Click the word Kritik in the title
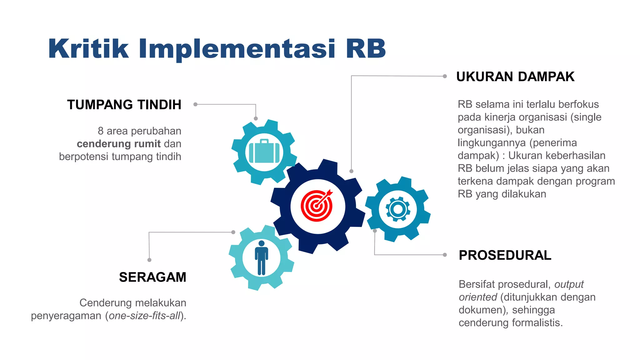88,49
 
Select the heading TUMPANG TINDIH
124,105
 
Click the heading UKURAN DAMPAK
515,77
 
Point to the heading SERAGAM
152,277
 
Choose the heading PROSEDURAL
505,255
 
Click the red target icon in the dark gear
317,205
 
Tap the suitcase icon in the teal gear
264,152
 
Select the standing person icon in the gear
262,257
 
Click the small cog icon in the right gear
398,209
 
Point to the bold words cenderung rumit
119,144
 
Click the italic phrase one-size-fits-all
145,316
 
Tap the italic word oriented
477,297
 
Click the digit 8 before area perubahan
101,131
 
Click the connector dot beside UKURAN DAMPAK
445,76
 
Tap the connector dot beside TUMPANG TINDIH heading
195,104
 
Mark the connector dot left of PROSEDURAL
445,255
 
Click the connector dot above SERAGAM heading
149,260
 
